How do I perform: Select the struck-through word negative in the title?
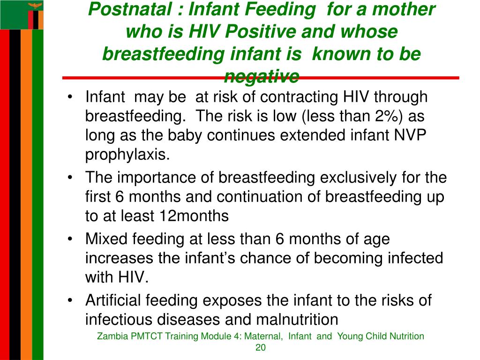point(262,75)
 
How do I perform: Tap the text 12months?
point(193,216)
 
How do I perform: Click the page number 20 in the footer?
point(261,347)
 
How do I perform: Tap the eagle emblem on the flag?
point(34,6)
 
